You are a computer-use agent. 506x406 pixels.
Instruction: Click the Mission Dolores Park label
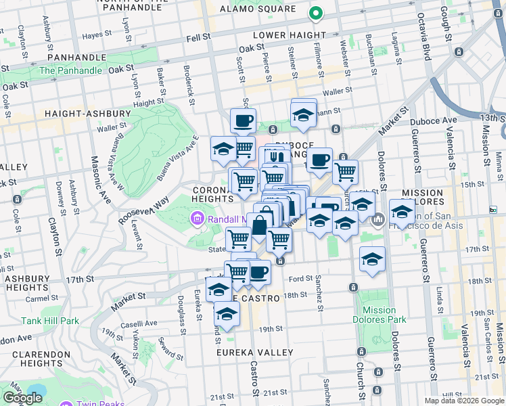(379, 315)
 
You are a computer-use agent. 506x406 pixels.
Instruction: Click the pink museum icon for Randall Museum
(197, 218)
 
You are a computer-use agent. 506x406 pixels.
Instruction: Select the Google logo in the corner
(22, 398)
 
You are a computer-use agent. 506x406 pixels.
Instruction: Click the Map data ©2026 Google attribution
(464, 401)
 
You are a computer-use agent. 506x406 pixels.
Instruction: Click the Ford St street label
(300, 277)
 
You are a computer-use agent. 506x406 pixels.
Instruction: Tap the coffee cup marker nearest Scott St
(243, 121)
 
